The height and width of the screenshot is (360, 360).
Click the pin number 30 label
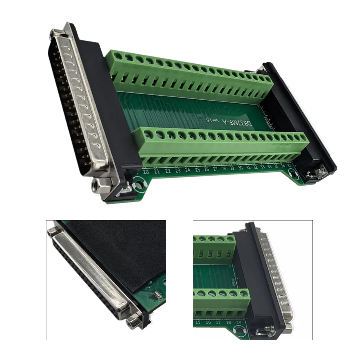tap(240, 168)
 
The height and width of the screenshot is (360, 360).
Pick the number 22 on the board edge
tap(168, 171)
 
